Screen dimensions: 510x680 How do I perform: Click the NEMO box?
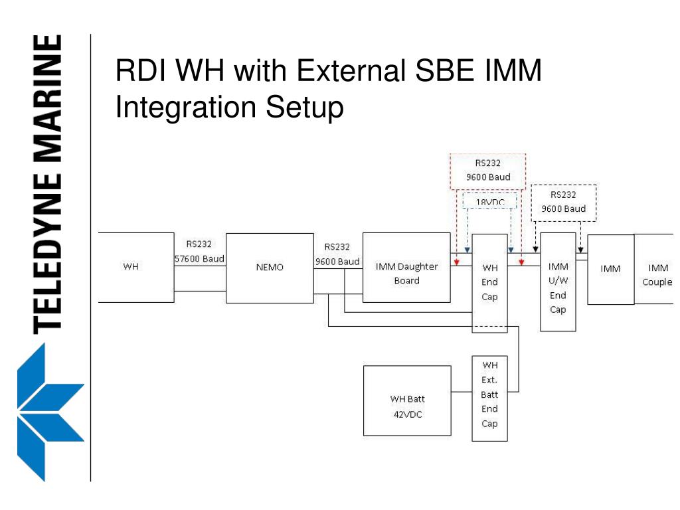click(270, 268)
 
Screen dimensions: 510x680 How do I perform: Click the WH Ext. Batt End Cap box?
click(489, 398)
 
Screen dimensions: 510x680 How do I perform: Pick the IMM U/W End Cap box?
click(557, 282)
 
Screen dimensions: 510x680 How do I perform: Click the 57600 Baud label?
click(199, 258)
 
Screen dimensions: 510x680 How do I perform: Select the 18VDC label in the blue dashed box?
click(490, 203)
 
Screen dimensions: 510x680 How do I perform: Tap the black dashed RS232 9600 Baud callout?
click(563, 201)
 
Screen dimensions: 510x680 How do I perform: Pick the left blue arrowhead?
click(467, 250)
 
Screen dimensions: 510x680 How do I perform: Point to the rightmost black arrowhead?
click(580, 250)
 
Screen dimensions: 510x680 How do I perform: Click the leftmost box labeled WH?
click(131, 267)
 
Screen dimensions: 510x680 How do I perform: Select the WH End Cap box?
click(489, 282)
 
